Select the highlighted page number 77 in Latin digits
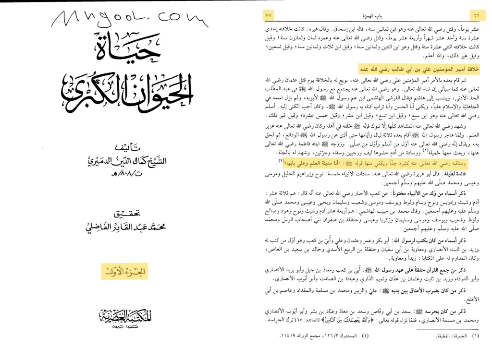click(476, 15)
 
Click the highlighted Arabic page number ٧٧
click(269, 15)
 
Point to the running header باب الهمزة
click(373, 15)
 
